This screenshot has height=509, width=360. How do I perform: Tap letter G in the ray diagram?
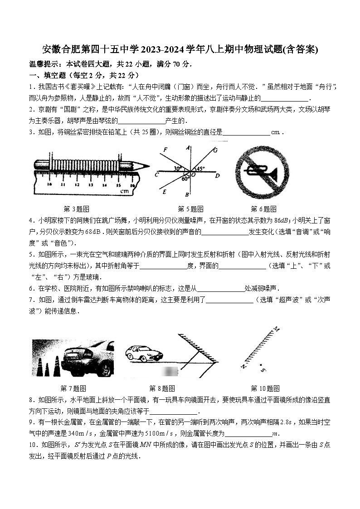(x=215, y=150)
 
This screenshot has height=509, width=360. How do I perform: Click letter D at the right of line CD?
(x=218, y=175)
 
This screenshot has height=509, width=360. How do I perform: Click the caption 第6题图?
(x=263, y=209)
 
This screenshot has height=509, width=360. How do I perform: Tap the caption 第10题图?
(x=265, y=388)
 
